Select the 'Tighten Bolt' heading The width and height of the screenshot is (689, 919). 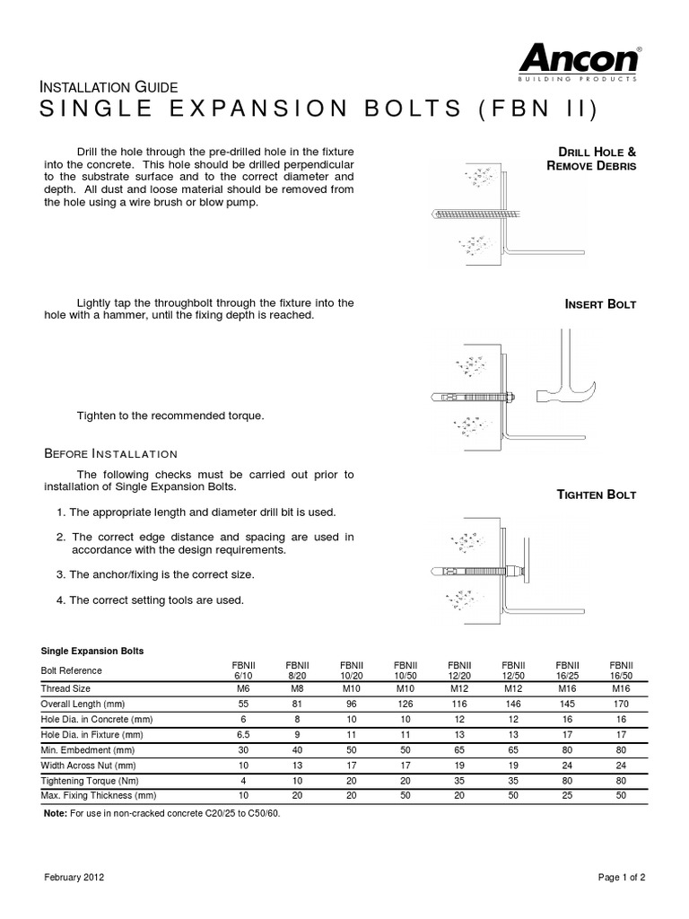(x=597, y=495)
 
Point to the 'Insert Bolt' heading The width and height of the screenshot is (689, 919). (x=600, y=304)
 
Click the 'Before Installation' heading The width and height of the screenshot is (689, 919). (x=111, y=453)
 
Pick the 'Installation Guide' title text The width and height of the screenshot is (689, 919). (x=111, y=87)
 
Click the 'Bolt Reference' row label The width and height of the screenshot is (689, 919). (x=72, y=670)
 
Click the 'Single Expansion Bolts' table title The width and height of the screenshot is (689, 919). (x=93, y=650)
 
